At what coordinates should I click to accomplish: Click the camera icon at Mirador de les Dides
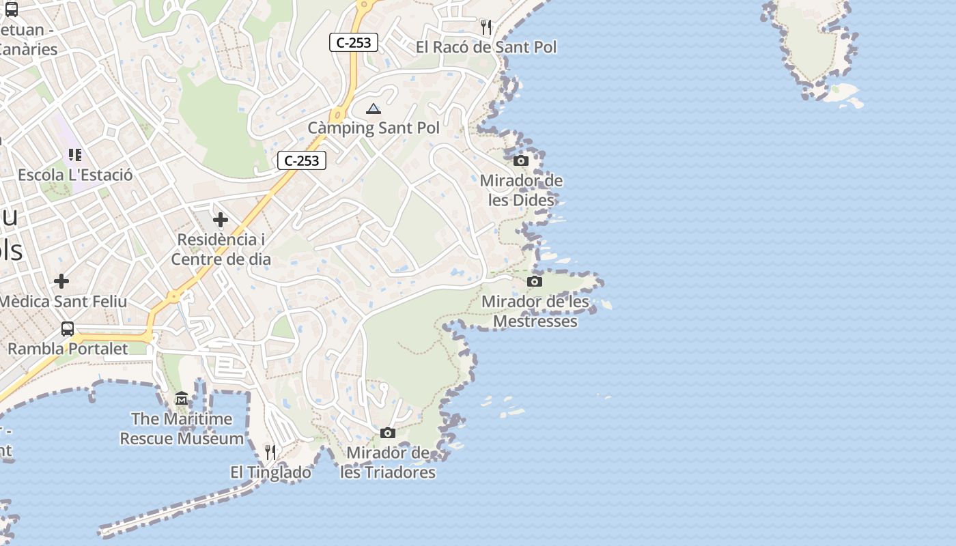521,161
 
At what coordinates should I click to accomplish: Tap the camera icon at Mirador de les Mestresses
535,281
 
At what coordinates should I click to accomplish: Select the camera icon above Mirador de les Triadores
388,433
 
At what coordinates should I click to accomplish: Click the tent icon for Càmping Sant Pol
373,109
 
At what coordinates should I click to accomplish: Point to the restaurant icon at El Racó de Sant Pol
486,27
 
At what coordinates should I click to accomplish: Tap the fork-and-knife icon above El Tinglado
270,452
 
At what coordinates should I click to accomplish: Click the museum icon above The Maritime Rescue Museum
182,399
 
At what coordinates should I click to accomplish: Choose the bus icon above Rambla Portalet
68,329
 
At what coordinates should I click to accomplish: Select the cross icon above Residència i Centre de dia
220,220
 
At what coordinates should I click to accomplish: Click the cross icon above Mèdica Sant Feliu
61,281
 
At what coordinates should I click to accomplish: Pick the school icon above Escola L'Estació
75,155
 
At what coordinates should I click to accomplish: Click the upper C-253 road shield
354,42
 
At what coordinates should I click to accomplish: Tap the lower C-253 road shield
302,161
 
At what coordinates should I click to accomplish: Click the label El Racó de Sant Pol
486,47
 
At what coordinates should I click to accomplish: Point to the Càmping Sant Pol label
374,128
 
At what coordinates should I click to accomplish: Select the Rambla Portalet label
68,349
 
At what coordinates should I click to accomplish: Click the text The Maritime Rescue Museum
182,429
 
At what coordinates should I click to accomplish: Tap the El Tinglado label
270,472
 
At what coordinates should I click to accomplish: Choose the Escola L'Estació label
75,175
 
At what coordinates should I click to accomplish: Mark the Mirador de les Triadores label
388,463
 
